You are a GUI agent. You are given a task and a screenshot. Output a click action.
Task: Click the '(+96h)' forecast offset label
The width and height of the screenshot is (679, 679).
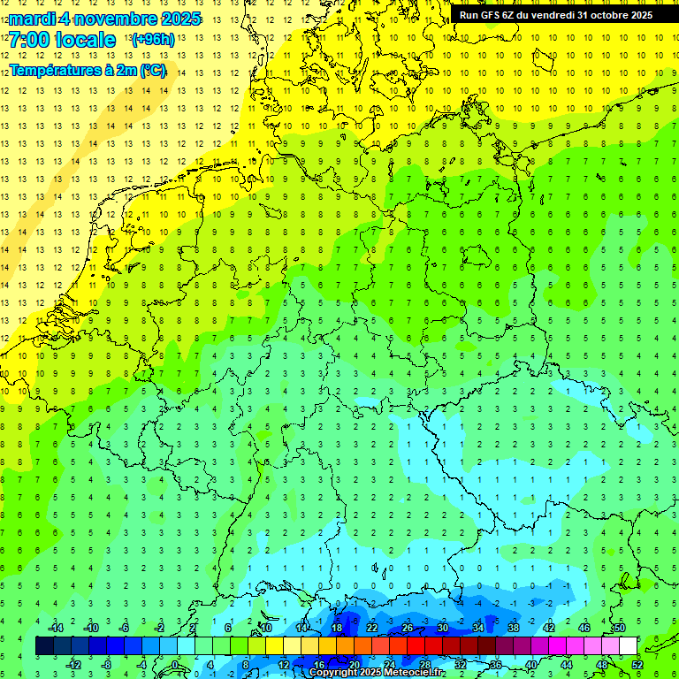(153, 40)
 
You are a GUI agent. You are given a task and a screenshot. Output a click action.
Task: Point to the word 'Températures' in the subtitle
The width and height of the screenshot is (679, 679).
(54, 70)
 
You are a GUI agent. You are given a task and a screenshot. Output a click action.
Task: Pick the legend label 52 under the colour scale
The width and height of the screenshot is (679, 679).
(637, 665)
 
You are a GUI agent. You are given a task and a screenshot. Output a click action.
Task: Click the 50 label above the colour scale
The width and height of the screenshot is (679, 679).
(620, 628)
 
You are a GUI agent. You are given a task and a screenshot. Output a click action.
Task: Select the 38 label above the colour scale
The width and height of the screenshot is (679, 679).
(513, 628)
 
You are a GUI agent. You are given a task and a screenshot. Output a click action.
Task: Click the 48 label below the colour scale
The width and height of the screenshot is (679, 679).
(602, 665)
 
